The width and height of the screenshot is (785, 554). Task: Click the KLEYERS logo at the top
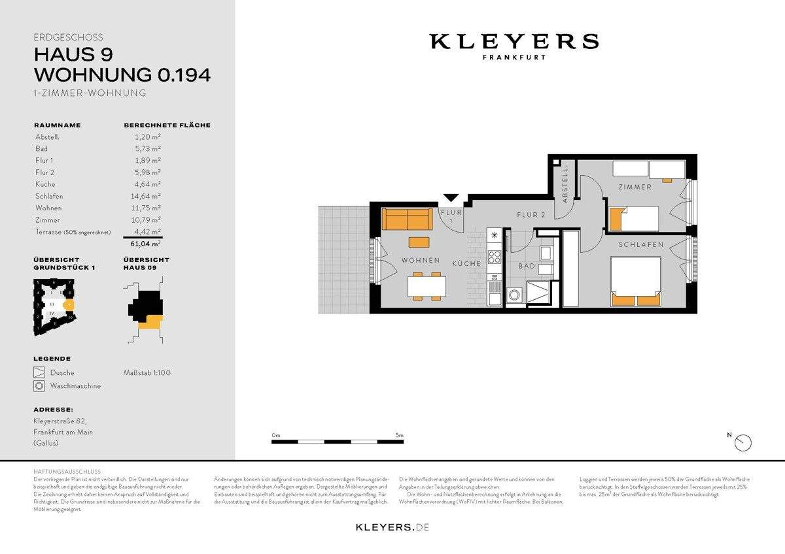click(514, 42)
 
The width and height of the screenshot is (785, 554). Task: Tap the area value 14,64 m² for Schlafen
click(147, 195)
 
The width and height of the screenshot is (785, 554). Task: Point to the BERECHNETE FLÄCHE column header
click(167, 125)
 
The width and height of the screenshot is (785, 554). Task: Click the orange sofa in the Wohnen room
click(406, 219)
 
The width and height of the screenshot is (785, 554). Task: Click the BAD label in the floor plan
click(527, 267)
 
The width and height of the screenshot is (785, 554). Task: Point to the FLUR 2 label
click(531, 215)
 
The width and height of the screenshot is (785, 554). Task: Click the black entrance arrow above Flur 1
click(451, 198)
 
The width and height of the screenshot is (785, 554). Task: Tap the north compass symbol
click(743, 442)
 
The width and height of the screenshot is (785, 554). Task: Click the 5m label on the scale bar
click(399, 435)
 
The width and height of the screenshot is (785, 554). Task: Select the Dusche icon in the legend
click(39, 373)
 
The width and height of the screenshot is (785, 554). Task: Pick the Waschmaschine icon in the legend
click(39, 386)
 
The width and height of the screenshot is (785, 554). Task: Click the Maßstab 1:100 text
click(147, 373)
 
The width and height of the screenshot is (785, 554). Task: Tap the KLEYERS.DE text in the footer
click(392, 527)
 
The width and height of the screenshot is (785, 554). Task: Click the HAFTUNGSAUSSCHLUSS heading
click(67, 471)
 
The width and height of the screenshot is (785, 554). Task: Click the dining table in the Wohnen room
click(427, 285)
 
